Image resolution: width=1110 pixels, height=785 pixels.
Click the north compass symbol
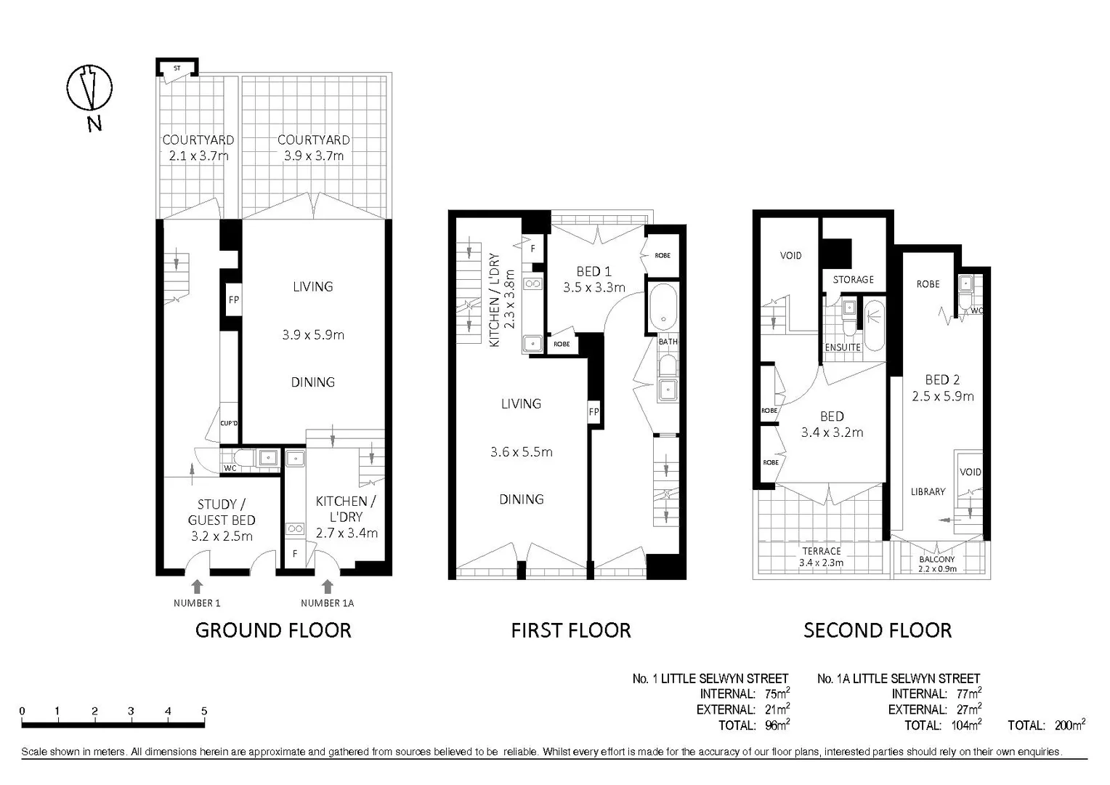click(89, 89)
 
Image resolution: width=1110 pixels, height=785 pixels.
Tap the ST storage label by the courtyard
click(177, 68)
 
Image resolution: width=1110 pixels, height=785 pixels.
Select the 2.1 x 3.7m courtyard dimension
click(198, 156)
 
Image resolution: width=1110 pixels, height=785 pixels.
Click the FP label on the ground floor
click(233, 299)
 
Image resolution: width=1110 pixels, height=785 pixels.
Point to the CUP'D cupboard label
click(229, 423)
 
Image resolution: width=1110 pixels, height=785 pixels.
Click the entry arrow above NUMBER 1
click(196, 586)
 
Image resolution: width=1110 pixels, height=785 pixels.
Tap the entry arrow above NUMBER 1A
click(327, 586)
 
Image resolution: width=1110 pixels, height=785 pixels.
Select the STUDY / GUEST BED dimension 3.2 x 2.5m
click(222, 536)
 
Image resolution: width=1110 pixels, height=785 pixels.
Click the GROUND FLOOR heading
click(273, 630)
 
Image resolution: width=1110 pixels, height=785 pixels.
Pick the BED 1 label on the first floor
click(594, 272)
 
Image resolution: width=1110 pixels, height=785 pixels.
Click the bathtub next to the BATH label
click(662, 308)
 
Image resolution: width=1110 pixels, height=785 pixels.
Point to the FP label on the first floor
click(594, 412)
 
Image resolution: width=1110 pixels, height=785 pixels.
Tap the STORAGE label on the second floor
click(853, 280)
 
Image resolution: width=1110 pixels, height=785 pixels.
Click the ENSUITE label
click(843, 347)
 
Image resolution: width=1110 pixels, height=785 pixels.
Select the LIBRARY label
click(928, 492)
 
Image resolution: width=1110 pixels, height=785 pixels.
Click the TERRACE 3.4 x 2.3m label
click(821, 557)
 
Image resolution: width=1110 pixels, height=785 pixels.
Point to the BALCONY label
click(936, 560)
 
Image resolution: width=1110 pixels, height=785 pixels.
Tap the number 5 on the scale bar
click(204, 712)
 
